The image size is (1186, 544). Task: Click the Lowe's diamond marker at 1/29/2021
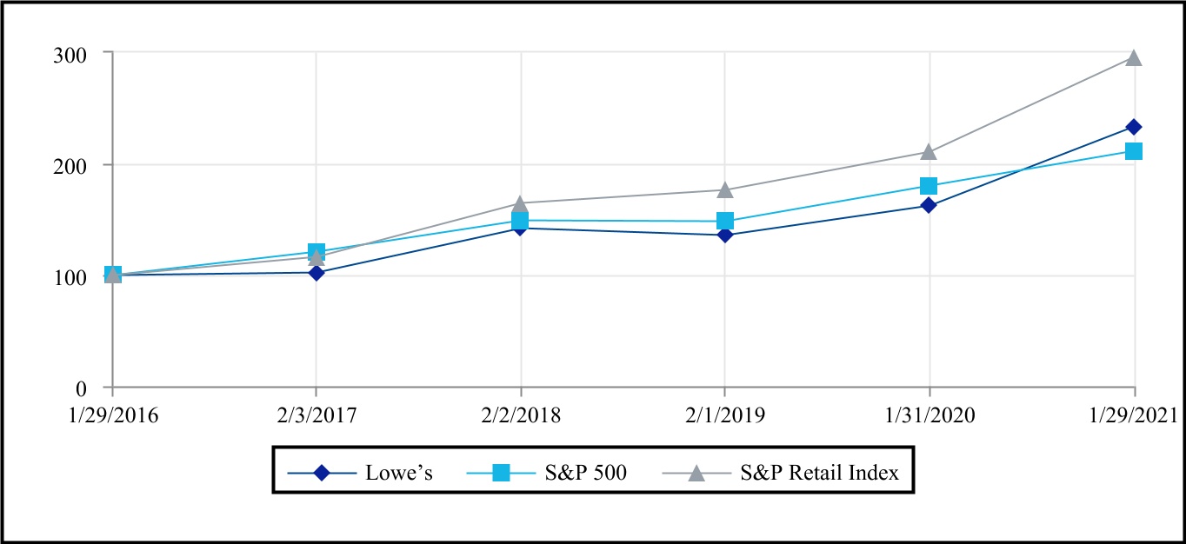click(1134, 128)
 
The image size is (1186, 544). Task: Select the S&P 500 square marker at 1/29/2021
click(1134, 151)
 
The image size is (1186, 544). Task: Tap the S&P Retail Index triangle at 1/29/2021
click(1134, 58)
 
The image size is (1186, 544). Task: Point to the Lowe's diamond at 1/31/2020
click(929, 206)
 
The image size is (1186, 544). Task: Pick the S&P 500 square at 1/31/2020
click(929, 186)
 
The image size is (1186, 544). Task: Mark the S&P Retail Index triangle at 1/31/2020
click(929, 152)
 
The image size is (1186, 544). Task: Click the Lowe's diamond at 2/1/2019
click(725, 235)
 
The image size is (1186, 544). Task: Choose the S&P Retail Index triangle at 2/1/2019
click(725, 189)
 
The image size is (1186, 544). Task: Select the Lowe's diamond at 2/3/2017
click(316, 272)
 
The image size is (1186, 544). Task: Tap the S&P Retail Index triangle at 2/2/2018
click(521, 203)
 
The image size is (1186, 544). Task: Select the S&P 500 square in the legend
click(502, 473)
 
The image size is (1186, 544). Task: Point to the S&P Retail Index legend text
click(819, 474)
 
